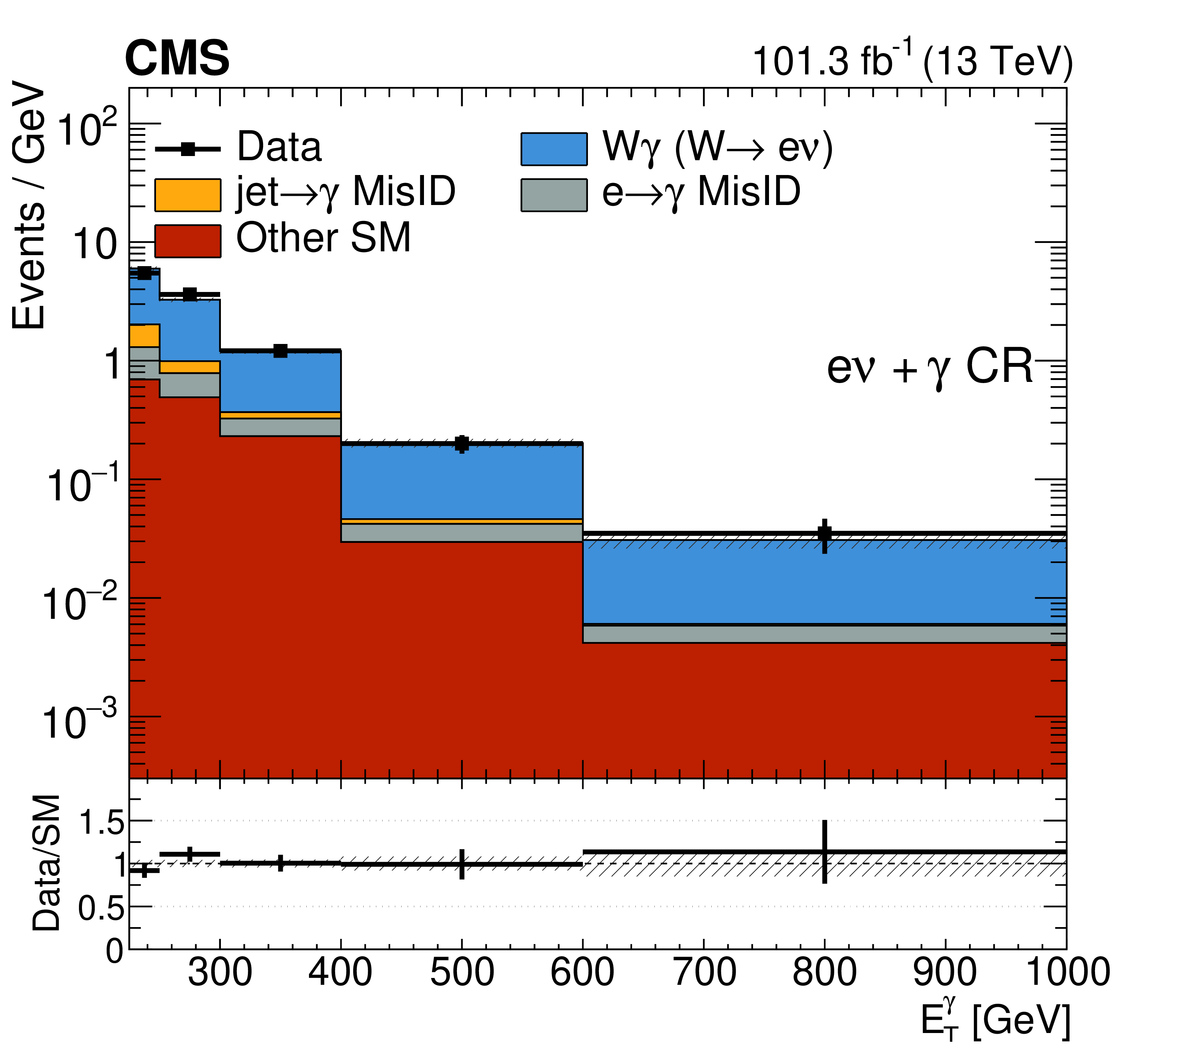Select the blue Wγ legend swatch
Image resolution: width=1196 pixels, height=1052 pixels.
553,149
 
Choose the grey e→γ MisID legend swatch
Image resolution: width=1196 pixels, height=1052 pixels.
553,195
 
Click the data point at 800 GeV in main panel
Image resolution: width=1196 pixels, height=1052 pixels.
824,534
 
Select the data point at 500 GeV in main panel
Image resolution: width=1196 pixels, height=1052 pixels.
462,444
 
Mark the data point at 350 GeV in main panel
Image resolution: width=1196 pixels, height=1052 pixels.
280,351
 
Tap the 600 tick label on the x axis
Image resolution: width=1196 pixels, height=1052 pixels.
583,972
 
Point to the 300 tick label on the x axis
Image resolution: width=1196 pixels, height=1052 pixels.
220,972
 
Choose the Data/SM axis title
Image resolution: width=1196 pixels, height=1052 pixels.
47,863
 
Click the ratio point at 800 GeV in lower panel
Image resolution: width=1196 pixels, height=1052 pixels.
824,852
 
